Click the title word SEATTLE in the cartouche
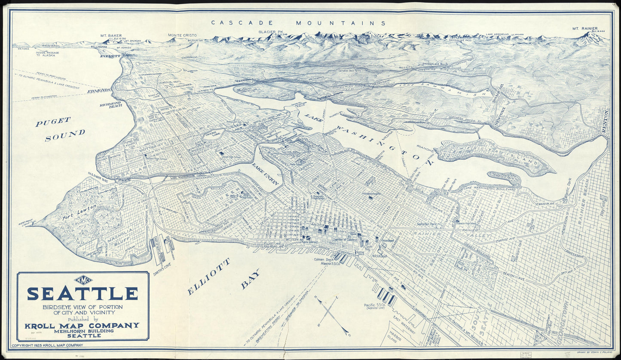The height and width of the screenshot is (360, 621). [x=83, y=293]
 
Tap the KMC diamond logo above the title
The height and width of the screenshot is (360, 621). [x=83, y=280]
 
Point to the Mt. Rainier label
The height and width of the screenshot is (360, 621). [x=585, y=29]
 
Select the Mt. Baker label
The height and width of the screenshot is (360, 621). [x=111, y=36]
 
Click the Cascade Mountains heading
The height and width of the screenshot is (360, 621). [x=298, y=23]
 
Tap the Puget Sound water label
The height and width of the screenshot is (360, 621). [x=60, y=128]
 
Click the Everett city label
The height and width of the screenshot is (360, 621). [x=110, y=56]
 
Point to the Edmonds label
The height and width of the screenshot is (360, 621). [x=99, y=91]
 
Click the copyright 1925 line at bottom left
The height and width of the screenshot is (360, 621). [x=47, y=345]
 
